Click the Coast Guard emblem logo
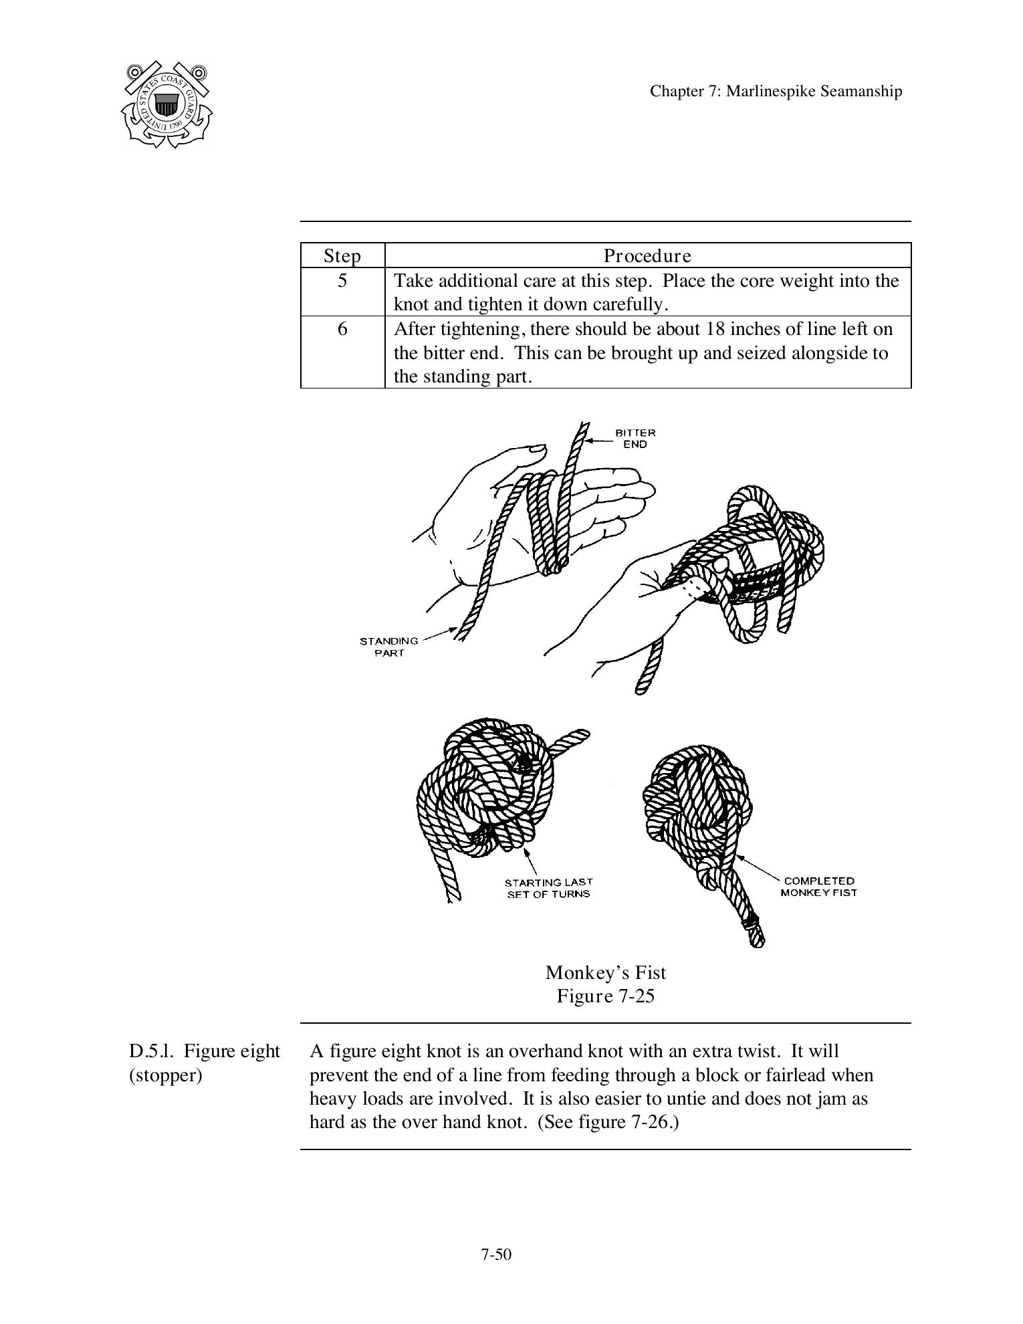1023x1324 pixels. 167,104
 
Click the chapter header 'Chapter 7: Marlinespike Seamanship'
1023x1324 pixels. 776,92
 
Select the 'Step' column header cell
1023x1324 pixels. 342,256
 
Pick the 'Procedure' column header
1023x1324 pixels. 647,256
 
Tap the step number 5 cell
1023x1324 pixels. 342,281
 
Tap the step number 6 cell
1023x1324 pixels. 342,329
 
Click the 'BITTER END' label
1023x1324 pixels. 635,439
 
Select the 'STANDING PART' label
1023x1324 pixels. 388,647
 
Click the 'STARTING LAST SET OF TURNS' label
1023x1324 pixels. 548,888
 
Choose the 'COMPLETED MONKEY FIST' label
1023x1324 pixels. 818,887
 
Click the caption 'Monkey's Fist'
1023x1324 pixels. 605,972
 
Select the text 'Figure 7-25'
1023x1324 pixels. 605,996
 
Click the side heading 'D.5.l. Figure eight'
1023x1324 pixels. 204,1051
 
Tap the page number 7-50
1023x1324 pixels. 495,1254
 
